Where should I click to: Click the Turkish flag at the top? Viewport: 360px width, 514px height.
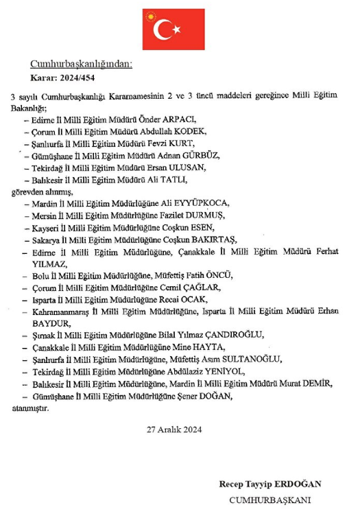click(167, 29)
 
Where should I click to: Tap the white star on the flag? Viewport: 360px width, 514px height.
click(176, 29)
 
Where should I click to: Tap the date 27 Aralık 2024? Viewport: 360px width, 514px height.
click(175, 430)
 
